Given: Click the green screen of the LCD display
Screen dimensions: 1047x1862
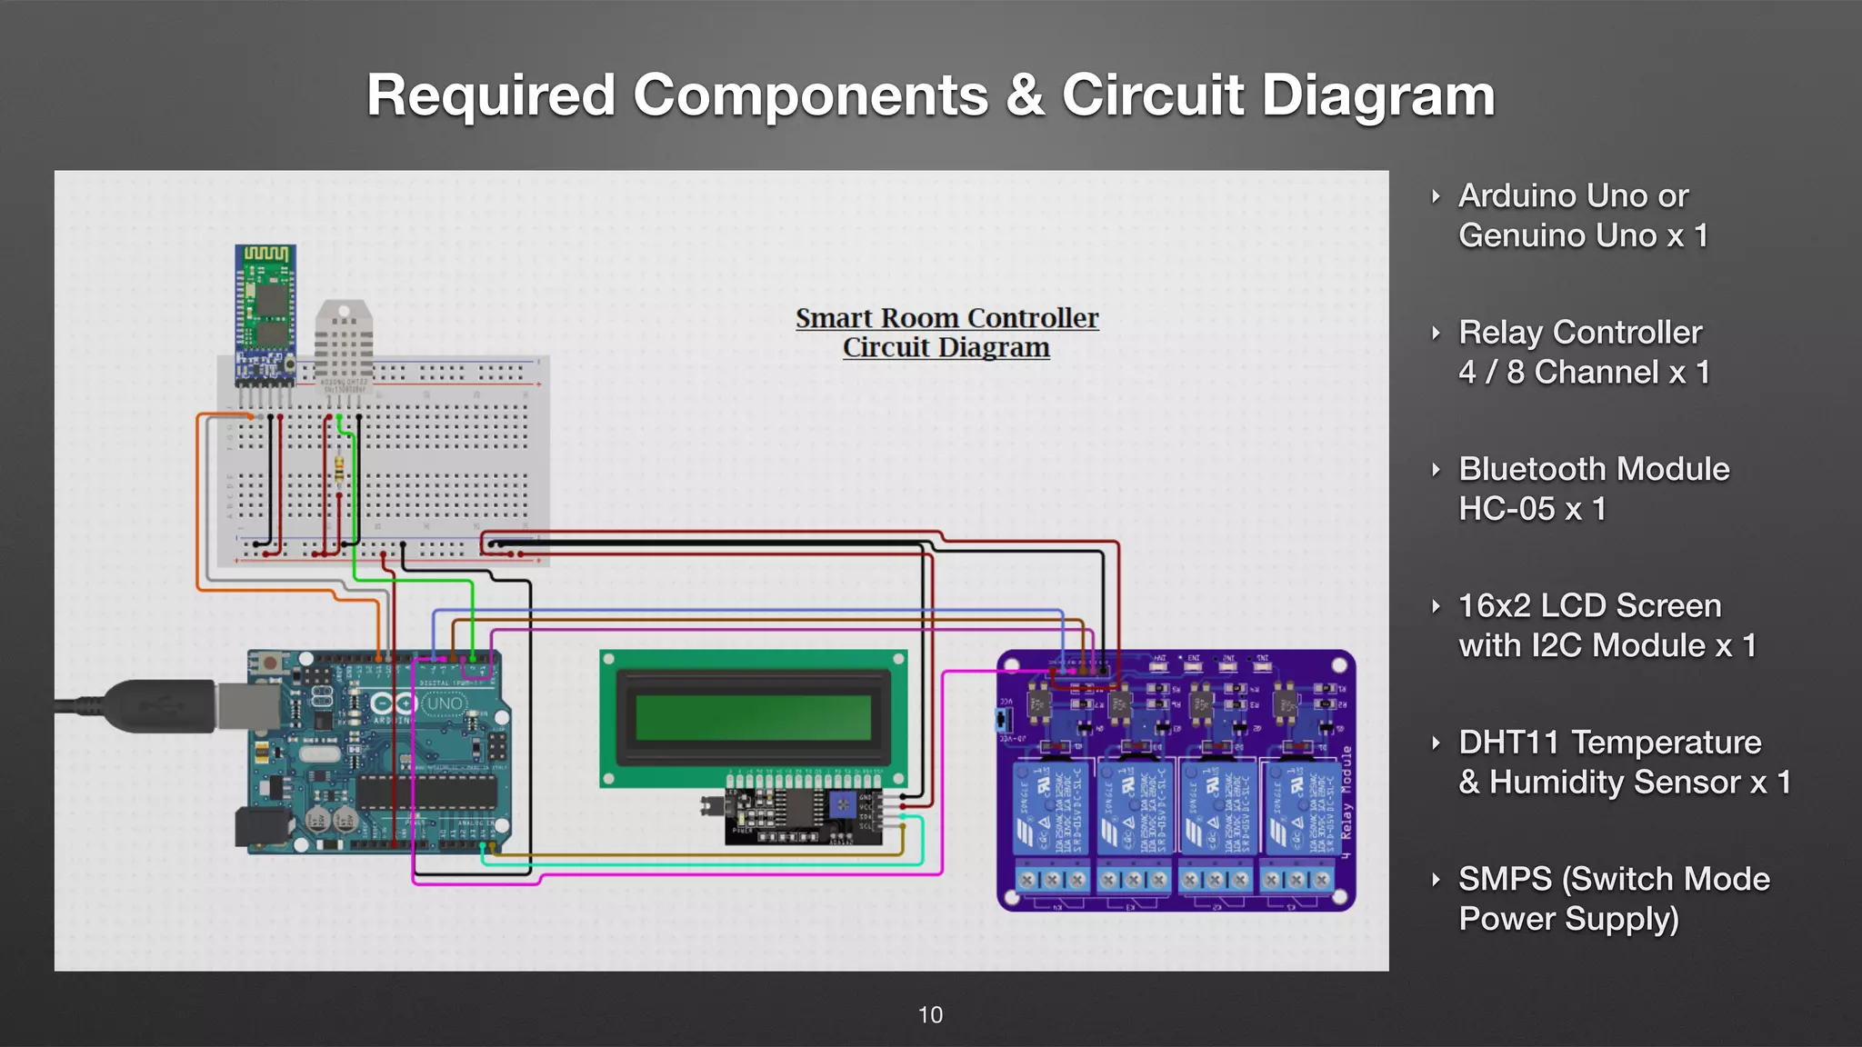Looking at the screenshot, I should [753, 718].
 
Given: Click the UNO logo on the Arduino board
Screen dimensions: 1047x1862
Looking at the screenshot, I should [444, 703].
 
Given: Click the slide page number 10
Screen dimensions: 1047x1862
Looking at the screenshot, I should [930, 1015].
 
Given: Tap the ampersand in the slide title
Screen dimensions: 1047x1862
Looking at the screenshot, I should [1025, 95].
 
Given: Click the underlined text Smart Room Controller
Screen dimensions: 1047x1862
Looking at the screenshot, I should [946, 318].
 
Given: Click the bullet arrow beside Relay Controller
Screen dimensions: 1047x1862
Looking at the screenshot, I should [1436, 334].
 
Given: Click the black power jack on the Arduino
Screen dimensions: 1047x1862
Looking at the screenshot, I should [262, 828].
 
